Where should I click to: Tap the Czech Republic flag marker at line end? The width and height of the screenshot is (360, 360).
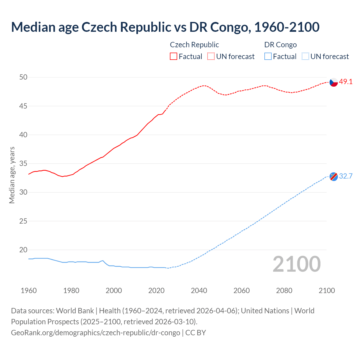pyautogui.click(x=334, y=82)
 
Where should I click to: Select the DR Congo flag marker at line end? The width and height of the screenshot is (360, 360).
pyautogui.click(x=334, y=177)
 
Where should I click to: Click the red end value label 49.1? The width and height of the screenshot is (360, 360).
pyautogui.click(x=346, y=82)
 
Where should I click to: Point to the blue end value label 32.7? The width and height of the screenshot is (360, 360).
pyautogui.click(x=346, y=176)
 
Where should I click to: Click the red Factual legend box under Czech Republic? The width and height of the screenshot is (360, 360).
pyautogui.click(x=174, y=57)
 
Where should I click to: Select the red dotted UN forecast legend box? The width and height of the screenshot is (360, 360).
pyautogui.click(x=211, y=57)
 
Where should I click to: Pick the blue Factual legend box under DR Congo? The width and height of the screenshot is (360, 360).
pyautogui.click(x=268, y=57)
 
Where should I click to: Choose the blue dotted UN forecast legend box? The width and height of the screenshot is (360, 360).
pyautogui.click(x=305, y=57)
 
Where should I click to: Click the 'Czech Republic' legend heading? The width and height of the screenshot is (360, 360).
pyautogui.click(x=194, y=45)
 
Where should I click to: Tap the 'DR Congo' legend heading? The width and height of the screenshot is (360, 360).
pyautogui.click(x=280, y=45)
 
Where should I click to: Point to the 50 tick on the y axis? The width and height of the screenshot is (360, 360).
pyautogui.click(x=23, y=77)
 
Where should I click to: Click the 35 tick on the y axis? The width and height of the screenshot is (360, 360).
pyautogui.click(x=23, y=163)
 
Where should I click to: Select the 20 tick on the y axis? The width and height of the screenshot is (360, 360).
pyautogui.click(x=23, y=250)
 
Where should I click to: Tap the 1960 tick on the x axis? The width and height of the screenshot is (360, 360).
pyautogui.click(x=29, y=291)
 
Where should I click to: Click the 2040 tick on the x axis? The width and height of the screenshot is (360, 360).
pyautogui.click(x=199, y=291)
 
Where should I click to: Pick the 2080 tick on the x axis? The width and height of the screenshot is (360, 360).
pyautogui.click(x=284, y=291)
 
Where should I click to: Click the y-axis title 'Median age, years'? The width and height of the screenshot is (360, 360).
pyautogui.click(x=12, y=175)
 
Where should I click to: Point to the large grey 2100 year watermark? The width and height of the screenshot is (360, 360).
pyautogui.click(x=296, y=264)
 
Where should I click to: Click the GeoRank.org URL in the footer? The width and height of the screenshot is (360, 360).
pyautogui.click(x=96, y=333)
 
